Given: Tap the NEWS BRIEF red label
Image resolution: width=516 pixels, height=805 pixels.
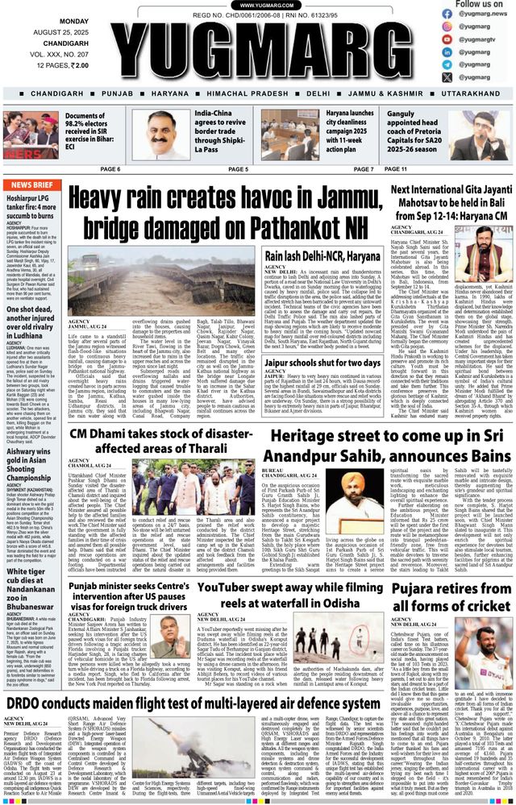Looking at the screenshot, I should point(33,185).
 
